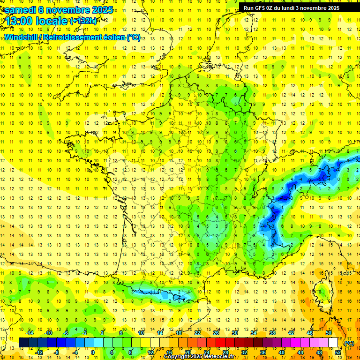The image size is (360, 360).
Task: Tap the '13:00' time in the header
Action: [x=18, y=21]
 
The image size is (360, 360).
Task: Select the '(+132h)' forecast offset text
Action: [x=83, y=21]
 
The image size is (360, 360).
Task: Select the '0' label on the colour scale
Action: [x=92, y=352]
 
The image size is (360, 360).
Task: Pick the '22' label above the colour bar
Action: [x=197, y=333]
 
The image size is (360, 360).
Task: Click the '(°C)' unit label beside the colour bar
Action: [x=349, y=343]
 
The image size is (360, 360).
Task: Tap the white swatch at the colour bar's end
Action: [x=333, y=343]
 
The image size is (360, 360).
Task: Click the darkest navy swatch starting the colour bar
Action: [x=23, y=343]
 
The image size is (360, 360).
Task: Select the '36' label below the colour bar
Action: [x=263, y=352]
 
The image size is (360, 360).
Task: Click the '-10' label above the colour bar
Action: [x=48, y=333]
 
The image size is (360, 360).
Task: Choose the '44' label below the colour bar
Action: [x=300, y=352]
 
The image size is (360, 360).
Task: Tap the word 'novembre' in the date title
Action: [x=67, y=9]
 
